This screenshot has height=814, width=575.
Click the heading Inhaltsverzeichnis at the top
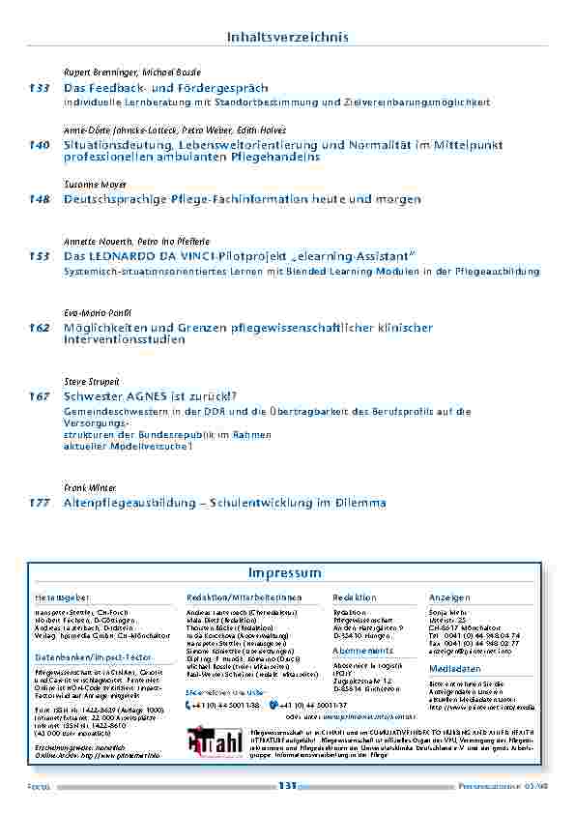pyautogui.click(x=287, y=37)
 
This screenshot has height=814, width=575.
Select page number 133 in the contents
pyautogui.click(x=40, y=88)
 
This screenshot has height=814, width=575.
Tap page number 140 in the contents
pyautogui.click(x=40, y=145)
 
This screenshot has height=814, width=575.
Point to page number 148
pyautogui.click(x=40, y=199)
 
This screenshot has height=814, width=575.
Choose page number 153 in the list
pyautogui.click(x=40, y=256)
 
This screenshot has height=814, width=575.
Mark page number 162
pyautogui.click(x=40, y=328)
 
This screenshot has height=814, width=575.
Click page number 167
pyautogui.click(x=40, y=396)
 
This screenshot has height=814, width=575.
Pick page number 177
pyautogui.click(x=40, y=503)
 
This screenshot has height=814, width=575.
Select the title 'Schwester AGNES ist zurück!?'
pyautogui.click(x=150, y=396)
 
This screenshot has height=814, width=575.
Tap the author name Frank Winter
pyautogui.click(x=89, y=488)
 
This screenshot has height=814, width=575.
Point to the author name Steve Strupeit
pyautogui.click(x=91, y=382)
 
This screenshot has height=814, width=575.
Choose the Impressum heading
pyautogui.click(x=284, y=573)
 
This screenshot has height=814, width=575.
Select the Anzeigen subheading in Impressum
pyautogui.click(x=449, y=598)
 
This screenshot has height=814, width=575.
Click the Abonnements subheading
pyautogui.click(x=361, y=651)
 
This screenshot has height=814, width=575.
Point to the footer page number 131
pyautogui.click(x=286, y=786)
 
